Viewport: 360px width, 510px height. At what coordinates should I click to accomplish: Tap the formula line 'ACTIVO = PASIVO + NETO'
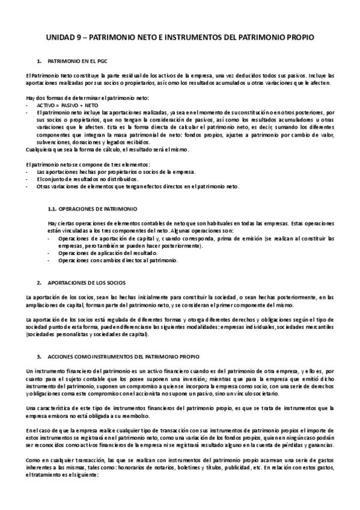67,105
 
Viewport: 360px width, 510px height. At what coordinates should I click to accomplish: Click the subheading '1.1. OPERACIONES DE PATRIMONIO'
92,209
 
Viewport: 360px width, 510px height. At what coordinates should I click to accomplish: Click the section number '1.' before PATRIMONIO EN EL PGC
40,62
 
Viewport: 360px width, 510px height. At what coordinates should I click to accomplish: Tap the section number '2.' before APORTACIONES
40,281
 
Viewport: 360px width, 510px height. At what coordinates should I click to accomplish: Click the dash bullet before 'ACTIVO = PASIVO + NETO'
28,105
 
